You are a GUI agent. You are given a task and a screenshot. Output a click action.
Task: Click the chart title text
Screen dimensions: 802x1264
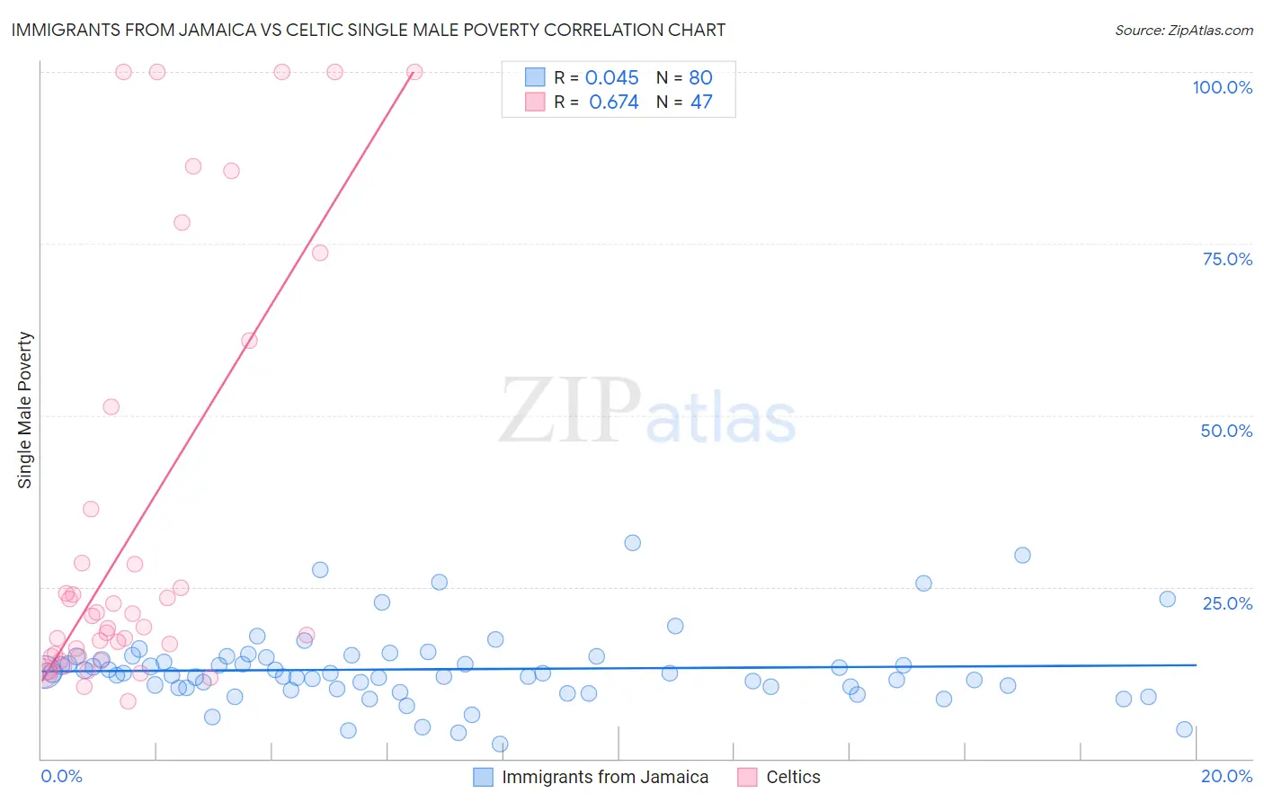[368, 30]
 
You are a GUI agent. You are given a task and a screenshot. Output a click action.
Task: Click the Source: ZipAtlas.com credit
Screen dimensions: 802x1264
[1183, 31]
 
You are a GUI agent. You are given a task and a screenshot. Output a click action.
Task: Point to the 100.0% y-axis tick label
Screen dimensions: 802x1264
[1222, 87]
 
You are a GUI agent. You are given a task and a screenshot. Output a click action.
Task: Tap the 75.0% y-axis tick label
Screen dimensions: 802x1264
[1227, 259]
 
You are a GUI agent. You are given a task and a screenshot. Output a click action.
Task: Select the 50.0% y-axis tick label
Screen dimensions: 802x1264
[1226, 431]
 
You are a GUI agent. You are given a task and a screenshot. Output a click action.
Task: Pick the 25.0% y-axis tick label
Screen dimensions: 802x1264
[1227, 603]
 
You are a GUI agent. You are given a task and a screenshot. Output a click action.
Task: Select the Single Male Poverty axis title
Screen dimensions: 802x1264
[25, 410]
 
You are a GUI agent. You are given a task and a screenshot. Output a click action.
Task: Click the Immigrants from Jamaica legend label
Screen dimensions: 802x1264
[605, 778]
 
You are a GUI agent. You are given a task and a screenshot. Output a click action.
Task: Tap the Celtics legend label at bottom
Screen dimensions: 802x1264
[793, 778]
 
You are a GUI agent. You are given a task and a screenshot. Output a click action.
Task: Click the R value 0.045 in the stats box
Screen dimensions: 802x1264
[611, 78]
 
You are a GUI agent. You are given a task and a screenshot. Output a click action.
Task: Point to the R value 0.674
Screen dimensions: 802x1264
[613, 102]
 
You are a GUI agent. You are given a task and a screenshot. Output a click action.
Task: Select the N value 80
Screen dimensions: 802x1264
[700, 78]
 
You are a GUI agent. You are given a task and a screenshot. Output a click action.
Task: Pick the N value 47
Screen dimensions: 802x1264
[700, 102]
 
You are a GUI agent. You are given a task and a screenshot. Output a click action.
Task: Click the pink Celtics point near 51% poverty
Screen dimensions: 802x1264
[111, 406]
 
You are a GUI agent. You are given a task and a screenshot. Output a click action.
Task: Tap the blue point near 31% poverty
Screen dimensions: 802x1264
[632, 543]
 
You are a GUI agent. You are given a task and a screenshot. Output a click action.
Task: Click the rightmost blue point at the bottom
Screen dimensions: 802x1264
[1184, 730]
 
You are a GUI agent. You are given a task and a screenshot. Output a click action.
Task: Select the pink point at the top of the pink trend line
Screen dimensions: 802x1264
[414, 72]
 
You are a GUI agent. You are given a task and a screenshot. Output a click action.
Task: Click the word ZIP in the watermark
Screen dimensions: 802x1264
[569, 411]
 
